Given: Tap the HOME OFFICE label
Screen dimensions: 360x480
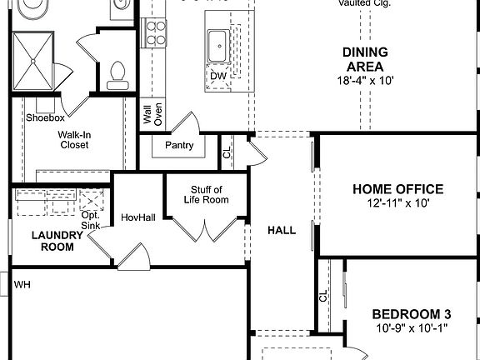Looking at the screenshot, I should pos(397,189).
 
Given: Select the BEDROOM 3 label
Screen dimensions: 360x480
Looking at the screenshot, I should pos(411,314).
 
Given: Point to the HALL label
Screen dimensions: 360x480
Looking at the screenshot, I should pos(281,230).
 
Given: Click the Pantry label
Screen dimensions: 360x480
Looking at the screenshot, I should pos(179,146).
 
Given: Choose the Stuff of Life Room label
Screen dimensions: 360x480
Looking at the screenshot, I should pos(205,194).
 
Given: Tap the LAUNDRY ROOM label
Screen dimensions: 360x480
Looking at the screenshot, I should pos(57,241).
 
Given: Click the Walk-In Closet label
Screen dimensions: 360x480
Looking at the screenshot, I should pos(73,139).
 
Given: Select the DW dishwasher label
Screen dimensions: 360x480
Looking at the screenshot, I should pos(218,76).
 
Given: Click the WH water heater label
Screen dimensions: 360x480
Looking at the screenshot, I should pos(22,285).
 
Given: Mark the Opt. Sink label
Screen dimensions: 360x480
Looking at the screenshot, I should pos(90,220).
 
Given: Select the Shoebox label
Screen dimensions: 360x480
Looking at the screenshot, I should pos(44,118).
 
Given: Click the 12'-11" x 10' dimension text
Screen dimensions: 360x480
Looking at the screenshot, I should pos(397,202).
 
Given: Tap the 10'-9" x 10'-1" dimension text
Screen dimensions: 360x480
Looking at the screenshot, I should pos(411,327).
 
